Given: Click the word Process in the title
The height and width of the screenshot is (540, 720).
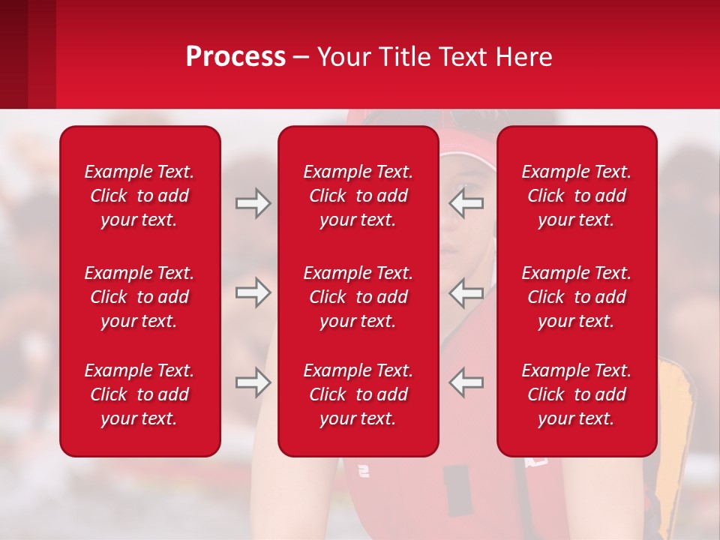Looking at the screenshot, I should point(235,57).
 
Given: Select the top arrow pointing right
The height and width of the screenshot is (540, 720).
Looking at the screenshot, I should point(253,203).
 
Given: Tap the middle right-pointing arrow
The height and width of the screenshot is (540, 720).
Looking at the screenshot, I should point(253,292).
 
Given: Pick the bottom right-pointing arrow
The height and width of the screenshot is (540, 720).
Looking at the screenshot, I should point(253,382).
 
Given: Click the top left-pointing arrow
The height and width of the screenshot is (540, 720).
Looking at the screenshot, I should point(466,203).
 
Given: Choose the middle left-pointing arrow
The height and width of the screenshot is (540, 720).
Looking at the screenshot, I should point(466,292).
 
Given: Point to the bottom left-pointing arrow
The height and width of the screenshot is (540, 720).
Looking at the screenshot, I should point(466,382).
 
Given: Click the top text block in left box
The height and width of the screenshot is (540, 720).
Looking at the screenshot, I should point(139,196).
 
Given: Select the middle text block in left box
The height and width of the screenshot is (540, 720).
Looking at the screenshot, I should point(139,297).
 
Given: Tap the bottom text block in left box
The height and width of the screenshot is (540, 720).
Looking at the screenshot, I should point(139,394).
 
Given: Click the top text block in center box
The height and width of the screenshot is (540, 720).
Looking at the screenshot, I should point(358,196).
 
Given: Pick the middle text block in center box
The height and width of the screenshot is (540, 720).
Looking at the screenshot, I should point(358,297).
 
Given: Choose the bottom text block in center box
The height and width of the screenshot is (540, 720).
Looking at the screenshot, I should point(358,394).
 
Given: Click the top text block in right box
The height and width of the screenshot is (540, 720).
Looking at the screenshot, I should point(577,196).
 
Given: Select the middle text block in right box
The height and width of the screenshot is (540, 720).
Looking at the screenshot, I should point(577,297).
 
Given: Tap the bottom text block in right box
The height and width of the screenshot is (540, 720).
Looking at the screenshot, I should point(577,394).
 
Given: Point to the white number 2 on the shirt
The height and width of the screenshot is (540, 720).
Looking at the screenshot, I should point(364,471).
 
